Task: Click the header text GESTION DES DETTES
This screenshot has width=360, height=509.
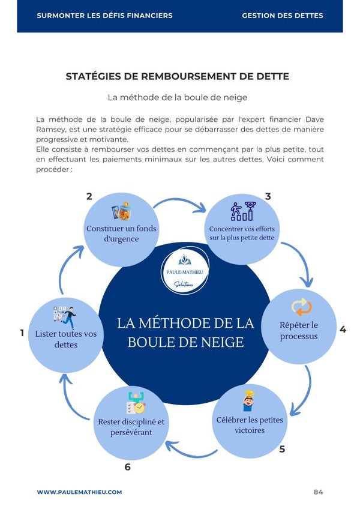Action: [x=282, y=16]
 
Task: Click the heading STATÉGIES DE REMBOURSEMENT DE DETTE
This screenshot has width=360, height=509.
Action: [x=177, y=76]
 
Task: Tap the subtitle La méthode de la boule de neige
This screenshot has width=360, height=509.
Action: [x=177, y=97]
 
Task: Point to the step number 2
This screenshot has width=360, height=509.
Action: [x=89, y=196]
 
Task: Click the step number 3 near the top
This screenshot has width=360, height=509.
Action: [x=268, y=196]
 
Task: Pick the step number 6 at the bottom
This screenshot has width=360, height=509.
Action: [x=127, y=466]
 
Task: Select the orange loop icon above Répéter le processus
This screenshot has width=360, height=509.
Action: [x=301, y=307]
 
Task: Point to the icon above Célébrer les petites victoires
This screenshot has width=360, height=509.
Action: [x=248, y=400]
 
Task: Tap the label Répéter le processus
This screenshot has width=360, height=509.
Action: [x=299, y=331]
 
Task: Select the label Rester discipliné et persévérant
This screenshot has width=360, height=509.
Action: [x=131, y=427]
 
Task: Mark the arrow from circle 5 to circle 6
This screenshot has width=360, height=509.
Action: [x=191, y=447]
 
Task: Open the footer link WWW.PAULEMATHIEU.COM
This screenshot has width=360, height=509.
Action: [x=79, y=492]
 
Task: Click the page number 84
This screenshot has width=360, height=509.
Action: [x=318, y=492]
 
